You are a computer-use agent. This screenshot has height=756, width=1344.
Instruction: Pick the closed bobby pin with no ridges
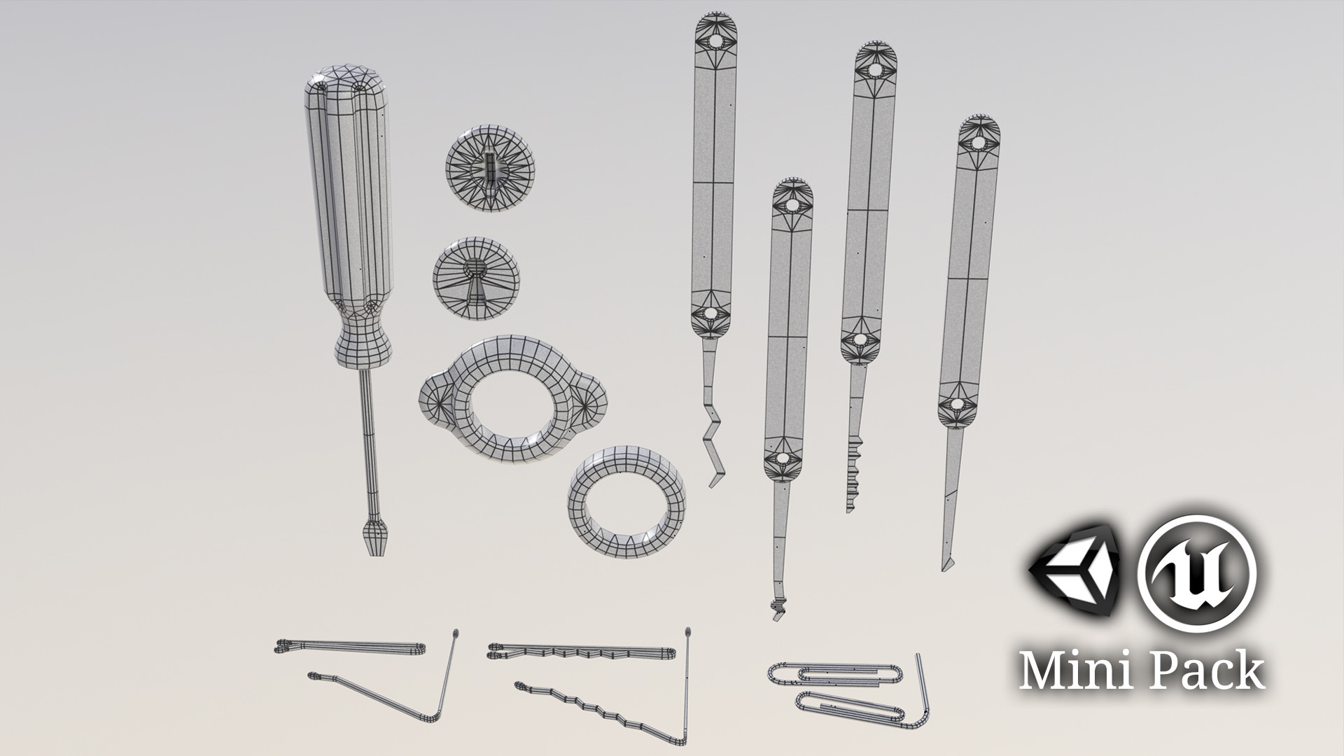[x=350, y=647]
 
